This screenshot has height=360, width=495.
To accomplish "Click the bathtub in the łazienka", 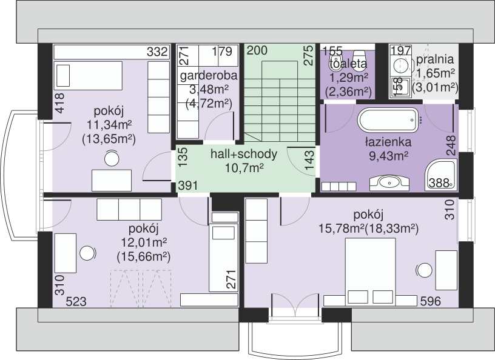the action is coord(388,120).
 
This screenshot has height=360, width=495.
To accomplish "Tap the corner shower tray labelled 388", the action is coord(441,175).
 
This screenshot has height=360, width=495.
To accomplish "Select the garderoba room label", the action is coord(208,76).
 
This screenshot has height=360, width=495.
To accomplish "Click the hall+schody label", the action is coord(244,155).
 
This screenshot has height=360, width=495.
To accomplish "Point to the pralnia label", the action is coord(435,59).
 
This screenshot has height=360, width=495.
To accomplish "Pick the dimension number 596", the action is coord(431,301).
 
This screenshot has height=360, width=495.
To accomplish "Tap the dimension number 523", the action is coord(76,302).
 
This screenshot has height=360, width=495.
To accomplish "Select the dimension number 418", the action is coord(59,103).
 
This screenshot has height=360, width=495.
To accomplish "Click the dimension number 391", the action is coord(188,185).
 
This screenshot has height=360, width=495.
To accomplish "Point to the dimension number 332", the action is coord(157,52).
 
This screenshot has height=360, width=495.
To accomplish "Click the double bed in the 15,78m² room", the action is coord(370,272).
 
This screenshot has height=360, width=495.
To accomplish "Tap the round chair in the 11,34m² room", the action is coord(112,158).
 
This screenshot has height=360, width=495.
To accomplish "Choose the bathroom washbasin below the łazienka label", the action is coord(389,182).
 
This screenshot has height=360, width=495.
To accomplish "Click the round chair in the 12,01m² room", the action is coord(87,253).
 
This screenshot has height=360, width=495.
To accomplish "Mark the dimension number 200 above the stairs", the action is coord(257,50).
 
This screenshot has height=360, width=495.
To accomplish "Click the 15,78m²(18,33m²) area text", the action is coord(368,228).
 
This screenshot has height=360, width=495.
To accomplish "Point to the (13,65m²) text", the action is coord(109,139).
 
